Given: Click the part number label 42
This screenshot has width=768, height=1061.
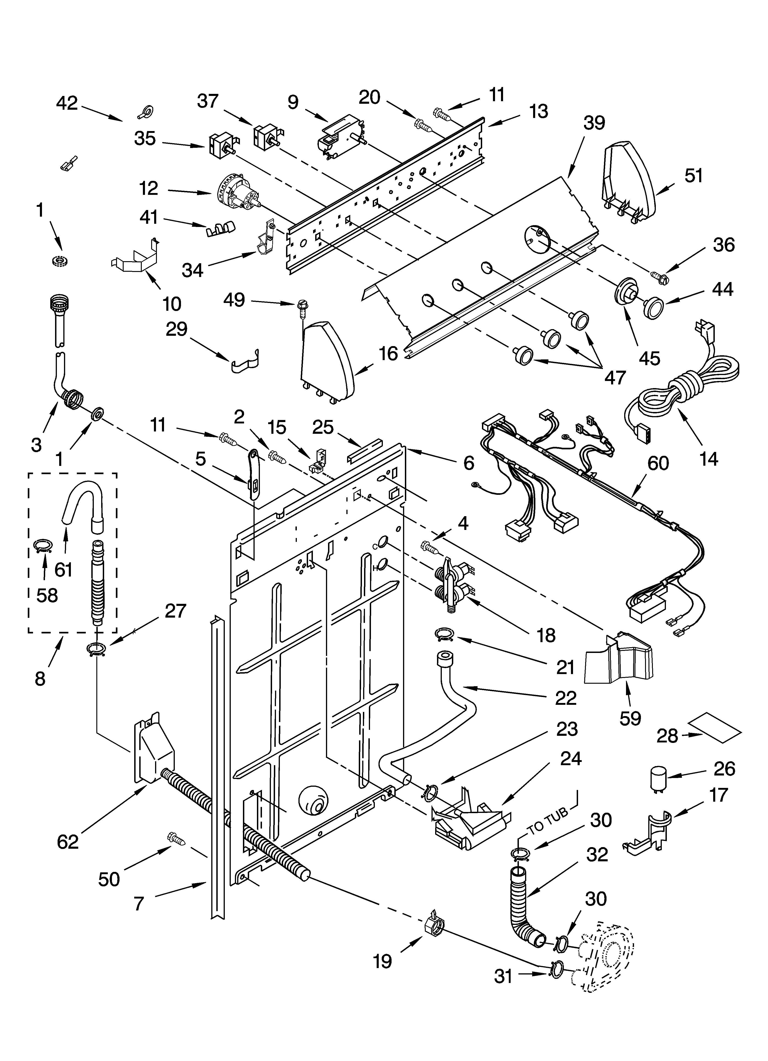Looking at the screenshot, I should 67,103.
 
